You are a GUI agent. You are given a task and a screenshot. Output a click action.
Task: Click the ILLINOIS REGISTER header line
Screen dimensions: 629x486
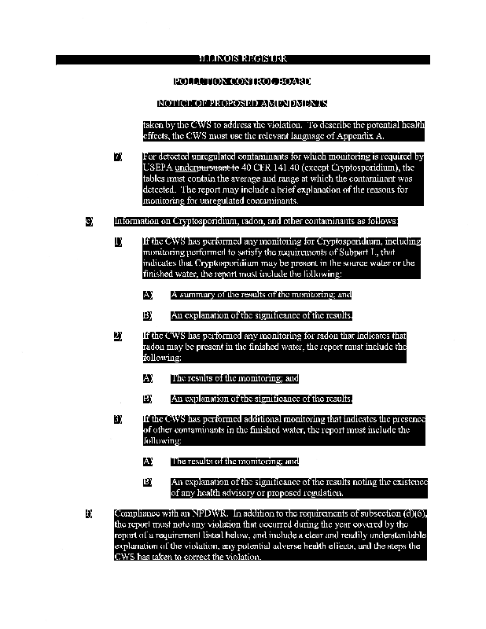[242, 60]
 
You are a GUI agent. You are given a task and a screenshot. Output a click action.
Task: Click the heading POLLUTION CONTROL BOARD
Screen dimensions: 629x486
[242, 82]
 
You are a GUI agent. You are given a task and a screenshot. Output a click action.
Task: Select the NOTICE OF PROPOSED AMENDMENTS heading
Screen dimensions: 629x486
[242, 104]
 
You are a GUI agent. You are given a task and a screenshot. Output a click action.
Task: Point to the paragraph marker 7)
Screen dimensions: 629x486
[118, 157]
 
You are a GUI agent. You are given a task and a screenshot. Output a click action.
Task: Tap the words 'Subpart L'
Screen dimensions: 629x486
[360, 252]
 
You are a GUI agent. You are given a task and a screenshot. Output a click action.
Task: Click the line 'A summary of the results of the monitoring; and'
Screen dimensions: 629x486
[260, 295]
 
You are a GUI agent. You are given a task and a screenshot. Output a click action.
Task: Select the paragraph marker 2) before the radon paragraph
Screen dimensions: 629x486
[118, 336]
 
